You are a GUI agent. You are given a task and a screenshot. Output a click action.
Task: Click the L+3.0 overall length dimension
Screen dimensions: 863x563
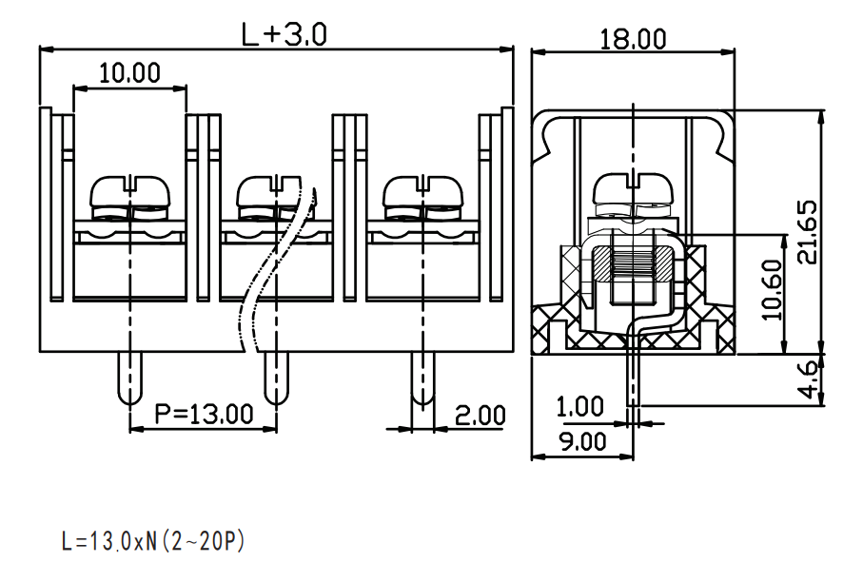(284, 34)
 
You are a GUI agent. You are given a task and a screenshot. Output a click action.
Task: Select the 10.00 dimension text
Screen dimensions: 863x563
(130, 73)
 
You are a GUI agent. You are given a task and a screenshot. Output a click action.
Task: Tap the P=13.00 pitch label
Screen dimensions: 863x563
(204, 414)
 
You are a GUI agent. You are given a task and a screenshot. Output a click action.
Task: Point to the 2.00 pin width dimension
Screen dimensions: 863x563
(480, 416)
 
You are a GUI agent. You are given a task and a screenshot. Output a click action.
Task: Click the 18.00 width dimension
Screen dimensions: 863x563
(633, 40)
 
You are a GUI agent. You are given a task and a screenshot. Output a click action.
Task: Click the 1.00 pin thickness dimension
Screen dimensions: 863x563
(580, 407)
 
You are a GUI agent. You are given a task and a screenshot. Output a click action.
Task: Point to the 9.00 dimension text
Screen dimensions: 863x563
(583, 442)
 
